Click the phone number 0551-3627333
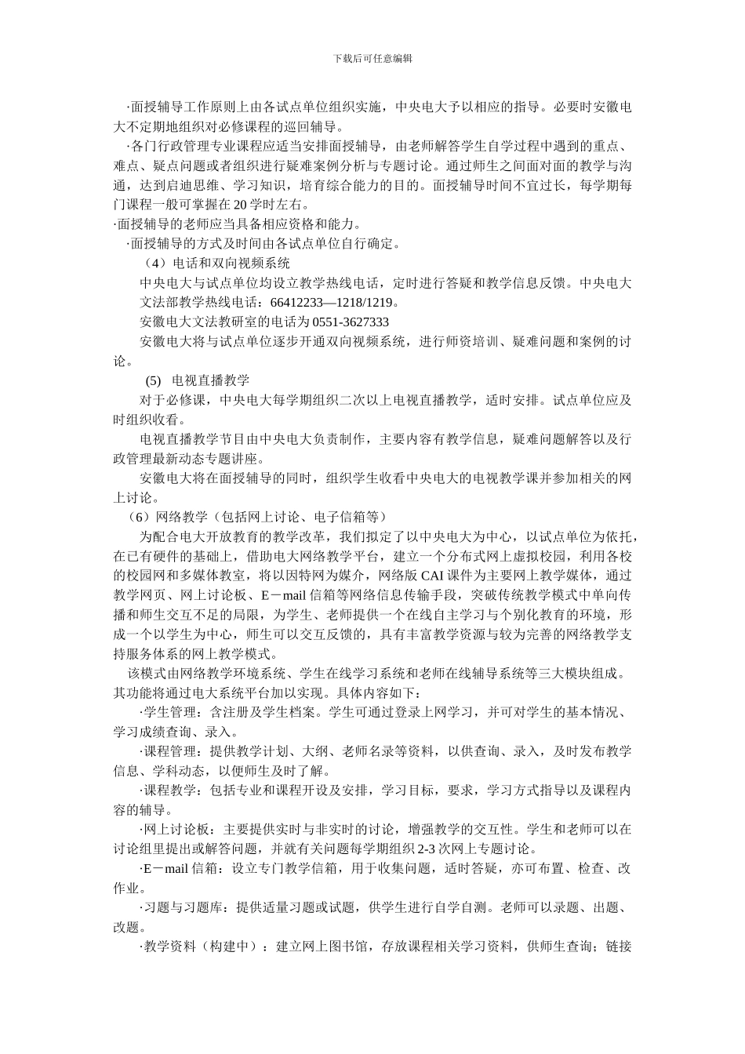tap(351, 322)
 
